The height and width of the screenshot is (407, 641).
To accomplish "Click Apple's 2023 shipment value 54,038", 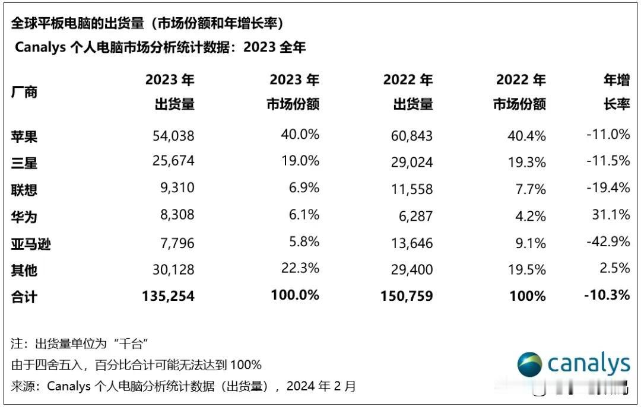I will pos(174,136).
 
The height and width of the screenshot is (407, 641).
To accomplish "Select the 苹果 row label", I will pos(24,136).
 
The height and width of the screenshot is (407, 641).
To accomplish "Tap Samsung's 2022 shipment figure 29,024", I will pos(412,163).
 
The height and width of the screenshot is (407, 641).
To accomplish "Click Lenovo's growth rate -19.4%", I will pos(607,188).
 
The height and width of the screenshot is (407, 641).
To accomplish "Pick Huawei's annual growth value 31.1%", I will pos(612,215).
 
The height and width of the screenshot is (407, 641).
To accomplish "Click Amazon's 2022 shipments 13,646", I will pos(412,243).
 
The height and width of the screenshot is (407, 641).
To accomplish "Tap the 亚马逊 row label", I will pos(31,244).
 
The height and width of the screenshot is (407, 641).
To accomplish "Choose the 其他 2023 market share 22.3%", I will pos(300,268).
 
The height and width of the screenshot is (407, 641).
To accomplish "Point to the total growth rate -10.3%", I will pos(606,294).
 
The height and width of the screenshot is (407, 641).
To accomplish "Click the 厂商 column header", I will pos(24,92).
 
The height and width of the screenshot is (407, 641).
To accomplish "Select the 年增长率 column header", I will pos(617,92).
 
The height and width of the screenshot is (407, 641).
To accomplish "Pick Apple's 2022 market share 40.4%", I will pos(527,136).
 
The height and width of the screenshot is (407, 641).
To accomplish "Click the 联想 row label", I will pos(24,190).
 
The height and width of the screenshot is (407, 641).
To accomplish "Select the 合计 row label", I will pos(24,296).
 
